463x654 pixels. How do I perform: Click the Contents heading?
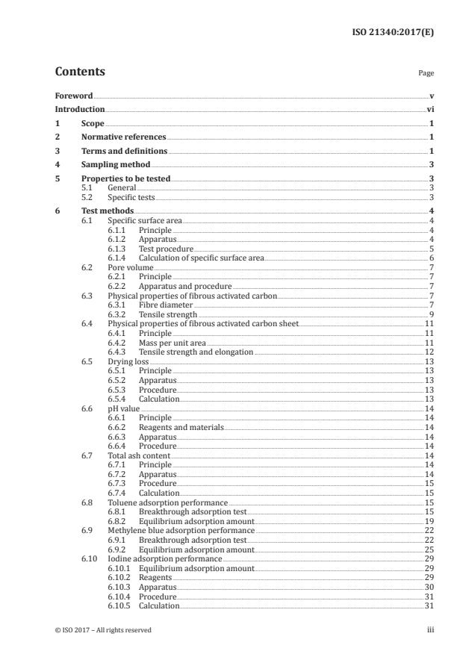coord(80,72)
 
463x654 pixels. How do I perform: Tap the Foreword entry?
coord(74,96)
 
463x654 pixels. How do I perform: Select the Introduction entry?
coord(80,110)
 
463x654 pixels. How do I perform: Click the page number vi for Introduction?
coord(430,110)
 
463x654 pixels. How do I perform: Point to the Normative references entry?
coord(123,137)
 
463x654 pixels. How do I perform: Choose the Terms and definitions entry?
coord(124,151)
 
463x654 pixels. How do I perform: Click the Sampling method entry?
coord(116,164)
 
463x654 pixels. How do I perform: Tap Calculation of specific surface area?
coord(201,258)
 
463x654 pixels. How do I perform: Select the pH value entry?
coord(128,408)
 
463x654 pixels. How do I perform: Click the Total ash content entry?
coord(139,455)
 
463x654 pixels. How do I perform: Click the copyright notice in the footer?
coord(103,630)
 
